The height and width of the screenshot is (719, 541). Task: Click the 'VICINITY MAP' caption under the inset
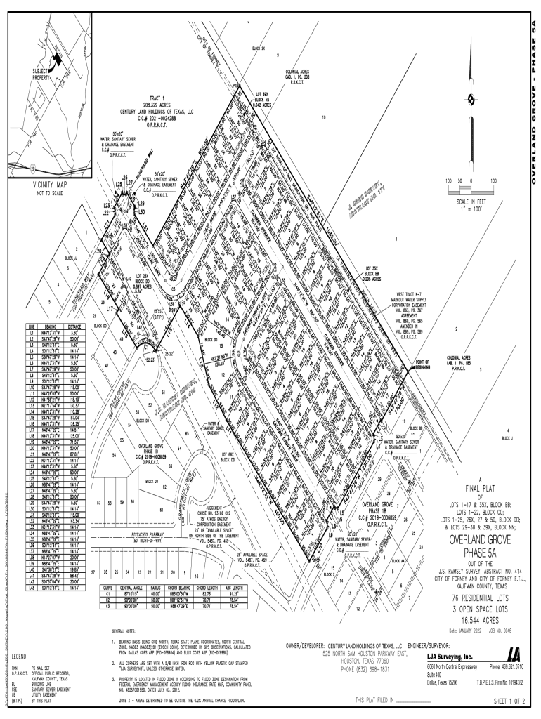48,184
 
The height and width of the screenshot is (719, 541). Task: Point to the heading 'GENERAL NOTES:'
128,631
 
